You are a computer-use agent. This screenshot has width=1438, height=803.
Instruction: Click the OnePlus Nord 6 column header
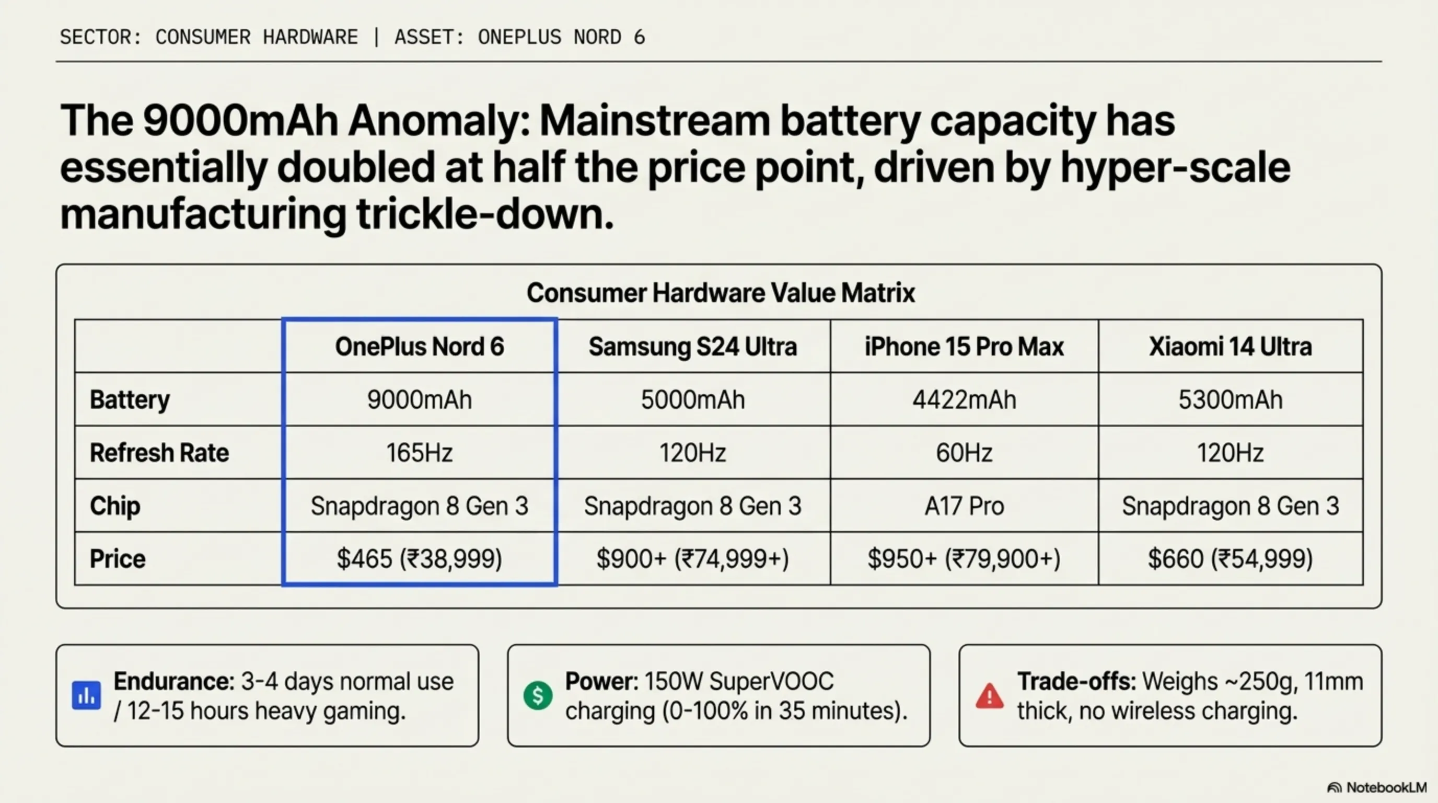point(419,347)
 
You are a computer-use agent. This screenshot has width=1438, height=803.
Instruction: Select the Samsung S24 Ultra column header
point(693,347)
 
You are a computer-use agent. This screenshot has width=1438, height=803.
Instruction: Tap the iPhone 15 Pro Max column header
point(964,347)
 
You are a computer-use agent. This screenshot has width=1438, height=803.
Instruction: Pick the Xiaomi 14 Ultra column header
point(1231,347)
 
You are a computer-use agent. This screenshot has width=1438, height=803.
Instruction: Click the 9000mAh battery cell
point(419,400)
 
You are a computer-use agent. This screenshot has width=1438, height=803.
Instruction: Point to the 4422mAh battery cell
point(964,400)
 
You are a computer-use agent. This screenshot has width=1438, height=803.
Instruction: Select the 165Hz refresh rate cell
point(419,453)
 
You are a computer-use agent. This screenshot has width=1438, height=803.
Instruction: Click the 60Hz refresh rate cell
point(964,453)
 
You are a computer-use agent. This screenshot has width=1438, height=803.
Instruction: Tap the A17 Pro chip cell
point(964,506)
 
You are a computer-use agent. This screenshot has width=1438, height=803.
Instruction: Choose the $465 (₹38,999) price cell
point(419,559)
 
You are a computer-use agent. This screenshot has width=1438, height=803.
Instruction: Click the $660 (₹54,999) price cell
point(1231,559)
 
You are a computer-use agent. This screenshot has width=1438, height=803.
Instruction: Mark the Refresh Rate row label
point(159,453)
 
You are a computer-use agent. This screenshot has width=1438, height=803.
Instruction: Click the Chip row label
point(115,506)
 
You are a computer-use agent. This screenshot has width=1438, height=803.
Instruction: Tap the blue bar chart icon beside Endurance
point(87,696)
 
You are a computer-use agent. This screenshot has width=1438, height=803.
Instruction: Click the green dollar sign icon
point(538,696)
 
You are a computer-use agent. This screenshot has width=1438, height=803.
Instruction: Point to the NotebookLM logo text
point(1386,787)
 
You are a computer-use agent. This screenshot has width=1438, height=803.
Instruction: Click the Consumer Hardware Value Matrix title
point(720,293)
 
